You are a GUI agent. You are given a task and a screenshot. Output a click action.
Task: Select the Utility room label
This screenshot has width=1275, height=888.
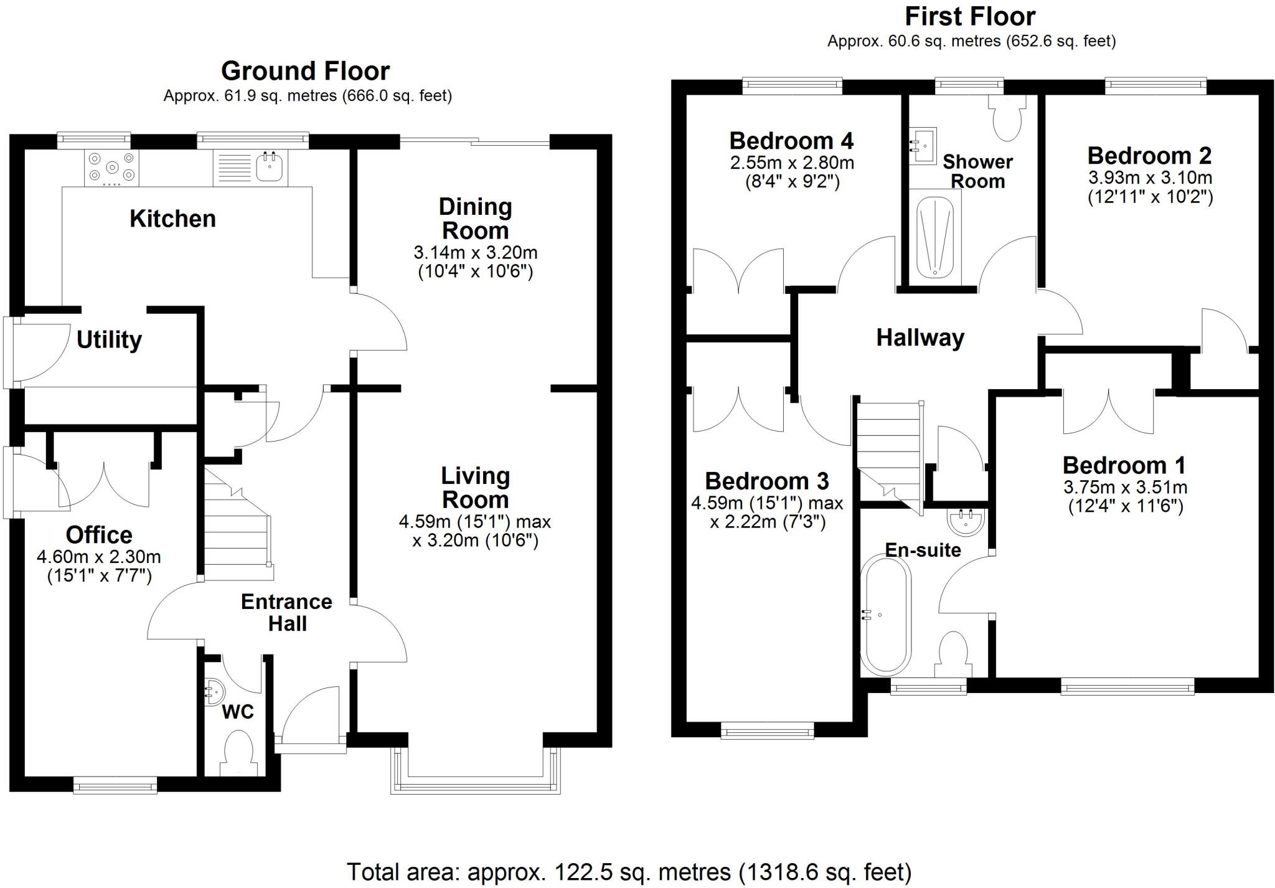[x=109, y=340]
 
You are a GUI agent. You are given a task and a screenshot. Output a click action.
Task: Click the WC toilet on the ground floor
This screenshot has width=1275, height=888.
[x=237, y=751]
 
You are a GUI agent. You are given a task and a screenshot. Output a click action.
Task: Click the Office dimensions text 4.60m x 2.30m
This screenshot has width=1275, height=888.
[x=99, y=556]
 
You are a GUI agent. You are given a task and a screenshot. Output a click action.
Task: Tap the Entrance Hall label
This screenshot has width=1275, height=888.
[x=286, y=612]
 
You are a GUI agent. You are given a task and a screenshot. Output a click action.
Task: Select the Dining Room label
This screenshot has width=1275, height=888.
[x=475, y=219]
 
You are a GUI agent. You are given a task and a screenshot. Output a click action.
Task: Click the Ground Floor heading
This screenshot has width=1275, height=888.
[x=305, y=71]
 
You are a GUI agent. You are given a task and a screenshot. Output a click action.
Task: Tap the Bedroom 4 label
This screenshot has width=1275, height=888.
[x=791, y=141]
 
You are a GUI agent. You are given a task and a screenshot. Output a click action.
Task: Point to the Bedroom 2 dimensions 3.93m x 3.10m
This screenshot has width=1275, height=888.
[x=1150, y=177]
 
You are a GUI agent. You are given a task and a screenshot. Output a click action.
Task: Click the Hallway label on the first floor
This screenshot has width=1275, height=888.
[x=920, y=338]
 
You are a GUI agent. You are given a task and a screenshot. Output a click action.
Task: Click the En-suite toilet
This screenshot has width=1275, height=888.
[x=953, y=654]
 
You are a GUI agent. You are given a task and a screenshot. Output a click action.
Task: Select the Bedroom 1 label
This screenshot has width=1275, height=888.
[x=1124, y=465]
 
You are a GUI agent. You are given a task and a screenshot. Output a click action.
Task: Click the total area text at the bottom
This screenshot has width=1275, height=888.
[x=629, y=872]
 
